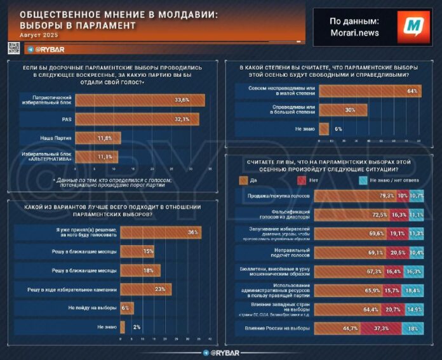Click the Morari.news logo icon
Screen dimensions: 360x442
tap(413, 27)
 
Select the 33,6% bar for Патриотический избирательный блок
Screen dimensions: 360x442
tap(140, 100)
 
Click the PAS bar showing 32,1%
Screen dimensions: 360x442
tap(137, 119)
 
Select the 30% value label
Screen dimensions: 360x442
tap(349, 110)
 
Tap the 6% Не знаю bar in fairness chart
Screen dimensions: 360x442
tap(324, 129)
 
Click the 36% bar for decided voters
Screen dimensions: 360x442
tap(161, 232)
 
